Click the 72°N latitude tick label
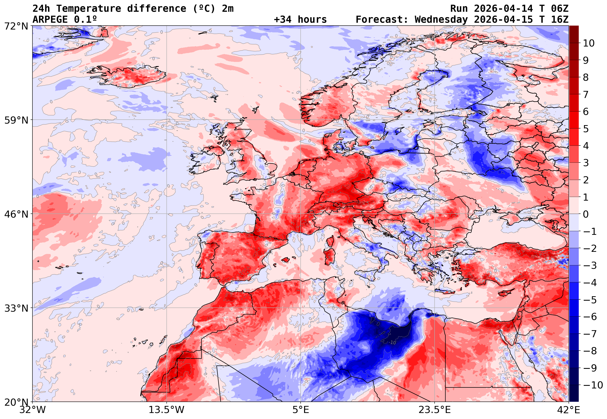[x=16, y=26]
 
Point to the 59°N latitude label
[x=16, y=120]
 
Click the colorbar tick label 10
[x=589, y=43]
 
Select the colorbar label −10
[x=593, y=385]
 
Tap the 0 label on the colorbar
[x=586, y=214]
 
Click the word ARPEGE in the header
[x=50, y=20]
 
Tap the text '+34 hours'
[x=300, y=20]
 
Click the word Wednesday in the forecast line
[x=441, y=20]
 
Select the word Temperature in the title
[x=89, y=9]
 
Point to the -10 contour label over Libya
[x=392, y=343]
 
